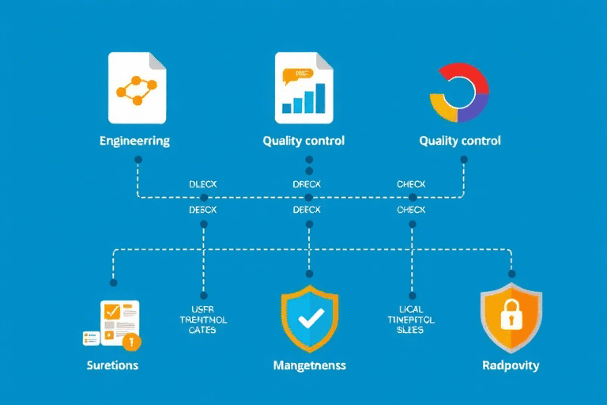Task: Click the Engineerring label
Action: [x=134, y=142]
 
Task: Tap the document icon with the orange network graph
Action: [x=137, y=89]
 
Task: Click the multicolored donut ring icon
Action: [x=459, y=92]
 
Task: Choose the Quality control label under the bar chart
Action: [x=303, y=142]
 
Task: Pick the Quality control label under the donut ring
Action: [x=460, y=142]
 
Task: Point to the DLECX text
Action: [x=203, y=184]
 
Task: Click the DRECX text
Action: [x=307, y=184]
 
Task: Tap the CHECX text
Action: [x=411, y=184]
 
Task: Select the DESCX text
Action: [x=203, y=210]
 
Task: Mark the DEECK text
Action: [x=307, y=210]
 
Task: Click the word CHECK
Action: [x=411, y=210]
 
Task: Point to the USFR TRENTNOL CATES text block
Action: [x=203, y=319]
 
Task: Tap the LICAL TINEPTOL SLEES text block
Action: [x=410, y=319]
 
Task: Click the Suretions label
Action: [x=113, y=365]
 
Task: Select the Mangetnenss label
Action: [x=309, y=365]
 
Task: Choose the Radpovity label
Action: [x=511, y=365]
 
